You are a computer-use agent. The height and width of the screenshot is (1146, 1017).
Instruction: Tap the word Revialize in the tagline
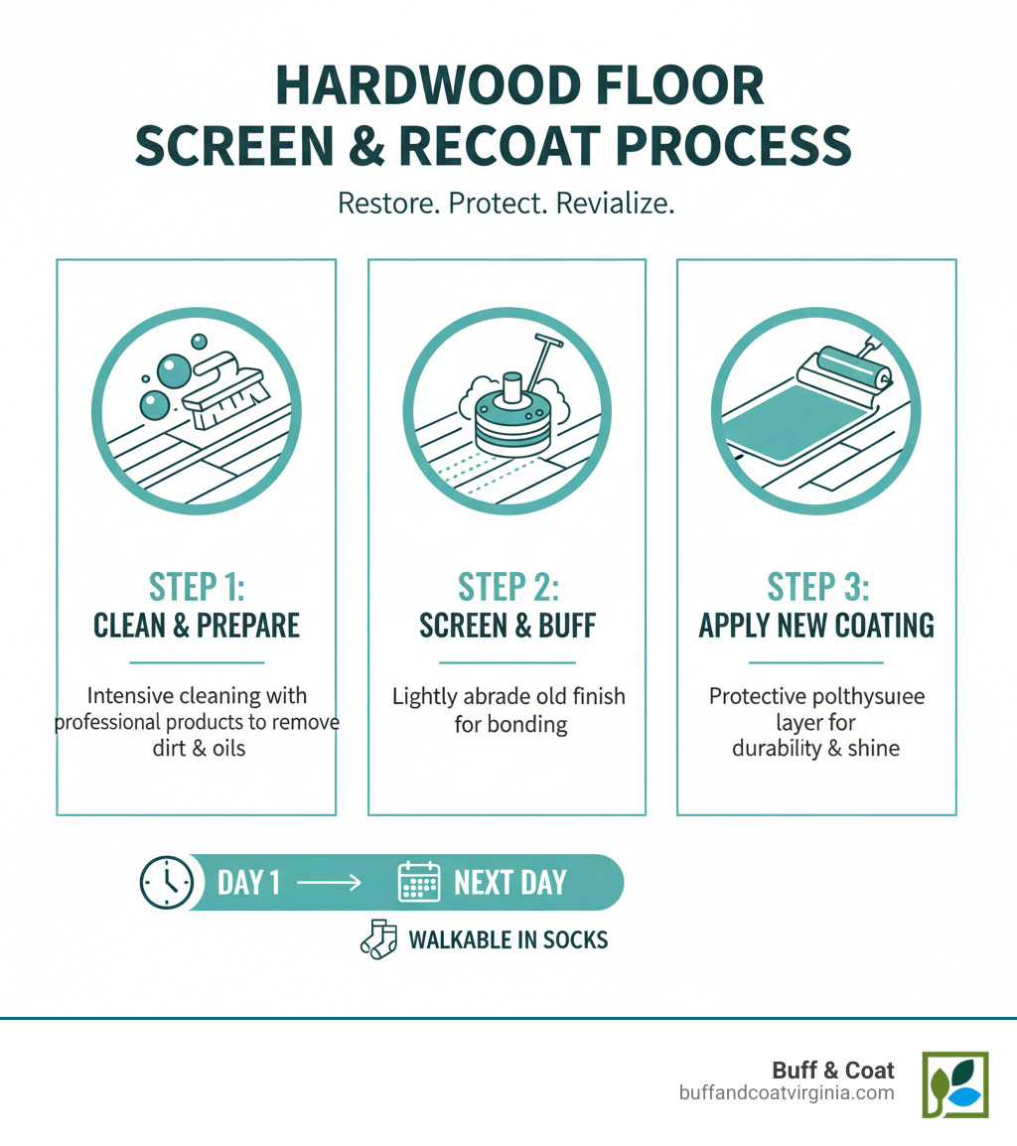click(616, 203)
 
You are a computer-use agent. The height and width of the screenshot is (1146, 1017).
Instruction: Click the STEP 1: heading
click(196, 586)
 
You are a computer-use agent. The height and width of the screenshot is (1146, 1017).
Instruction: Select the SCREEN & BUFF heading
click(507, 625)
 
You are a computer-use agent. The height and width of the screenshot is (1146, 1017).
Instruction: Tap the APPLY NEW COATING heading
click(816, 625)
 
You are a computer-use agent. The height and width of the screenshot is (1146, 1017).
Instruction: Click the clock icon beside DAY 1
click(166, 881)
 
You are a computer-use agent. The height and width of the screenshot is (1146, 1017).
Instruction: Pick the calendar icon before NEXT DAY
click(419, 881)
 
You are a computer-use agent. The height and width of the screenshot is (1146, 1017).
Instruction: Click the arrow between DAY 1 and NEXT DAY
click(329, 882)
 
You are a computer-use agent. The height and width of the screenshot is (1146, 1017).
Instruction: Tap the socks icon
click(377, 939)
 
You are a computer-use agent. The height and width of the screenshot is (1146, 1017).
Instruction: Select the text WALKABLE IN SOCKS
click(508, 939)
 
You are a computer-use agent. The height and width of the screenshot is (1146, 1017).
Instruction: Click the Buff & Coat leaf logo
click(954, 1084)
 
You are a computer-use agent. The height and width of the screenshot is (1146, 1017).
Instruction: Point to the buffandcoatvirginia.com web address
click(786, 1092)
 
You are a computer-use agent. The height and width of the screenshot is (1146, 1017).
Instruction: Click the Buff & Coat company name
click(833, 1070)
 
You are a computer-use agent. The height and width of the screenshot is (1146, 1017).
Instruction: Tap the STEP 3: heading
click(817, 586)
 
